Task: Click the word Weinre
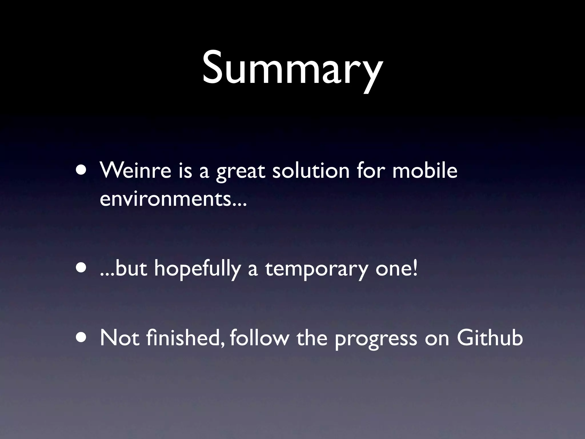pos(135,171)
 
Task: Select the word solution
pos(311,171)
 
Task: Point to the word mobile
pos(425,171)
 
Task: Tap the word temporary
pos(316,270)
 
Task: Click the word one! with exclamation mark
pos(396,269)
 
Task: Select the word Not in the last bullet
pos(120,338)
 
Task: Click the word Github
pos(490,338)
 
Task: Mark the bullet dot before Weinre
pos(82,171)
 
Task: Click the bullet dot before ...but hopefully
pos(82,269)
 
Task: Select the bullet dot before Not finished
pos(82,338)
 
